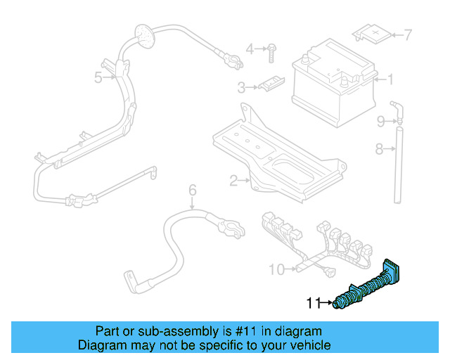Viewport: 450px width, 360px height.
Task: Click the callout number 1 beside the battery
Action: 391,80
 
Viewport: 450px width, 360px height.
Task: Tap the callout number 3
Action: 240,88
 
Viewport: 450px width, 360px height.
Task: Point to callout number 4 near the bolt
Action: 250,49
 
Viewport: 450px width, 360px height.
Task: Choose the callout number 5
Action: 98,77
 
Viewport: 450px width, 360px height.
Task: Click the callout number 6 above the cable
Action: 191,189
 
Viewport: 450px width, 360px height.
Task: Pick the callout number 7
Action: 408,34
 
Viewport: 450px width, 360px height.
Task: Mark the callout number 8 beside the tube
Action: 379,148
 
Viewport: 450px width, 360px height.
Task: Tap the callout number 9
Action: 380,122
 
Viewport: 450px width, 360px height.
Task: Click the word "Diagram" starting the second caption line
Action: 101,345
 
